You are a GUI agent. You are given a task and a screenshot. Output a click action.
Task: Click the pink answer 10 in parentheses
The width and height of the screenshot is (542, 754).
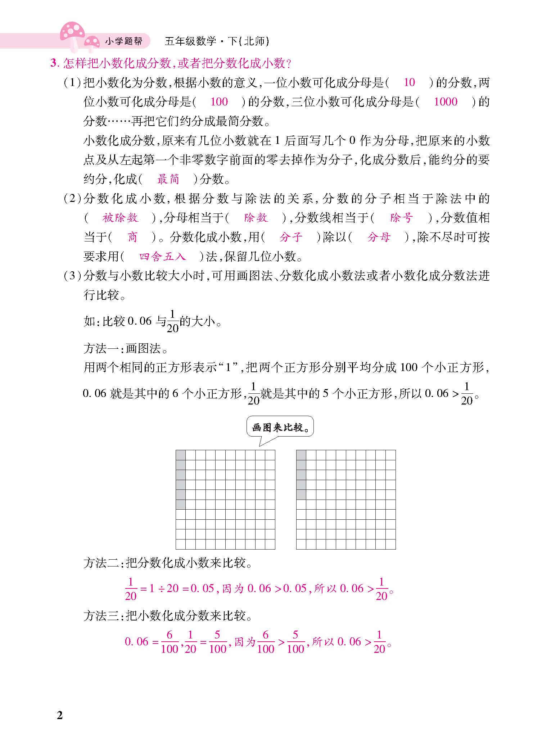[x=409, y=82]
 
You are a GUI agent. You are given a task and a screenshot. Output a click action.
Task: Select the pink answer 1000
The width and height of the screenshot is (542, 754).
[x=445, y=102]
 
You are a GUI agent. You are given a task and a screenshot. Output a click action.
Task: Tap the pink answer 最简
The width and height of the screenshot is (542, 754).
[x=168, y=179]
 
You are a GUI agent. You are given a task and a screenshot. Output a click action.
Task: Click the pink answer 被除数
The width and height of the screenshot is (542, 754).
[x=120, y=218]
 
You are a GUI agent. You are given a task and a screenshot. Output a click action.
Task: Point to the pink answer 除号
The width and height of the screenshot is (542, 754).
[x=401, y=218]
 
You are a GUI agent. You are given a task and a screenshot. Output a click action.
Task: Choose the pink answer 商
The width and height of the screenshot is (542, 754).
[x=132, y=237]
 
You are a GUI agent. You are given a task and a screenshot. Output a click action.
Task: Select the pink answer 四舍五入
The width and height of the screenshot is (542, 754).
[x=163, y=257]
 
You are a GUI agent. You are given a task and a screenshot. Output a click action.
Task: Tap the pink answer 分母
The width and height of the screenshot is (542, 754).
[x=379, y=237]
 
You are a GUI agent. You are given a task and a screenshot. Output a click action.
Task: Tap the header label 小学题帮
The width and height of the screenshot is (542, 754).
[x=123, y=41]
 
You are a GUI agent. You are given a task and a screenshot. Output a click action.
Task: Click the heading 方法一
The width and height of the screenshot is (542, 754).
[x=101, y=348]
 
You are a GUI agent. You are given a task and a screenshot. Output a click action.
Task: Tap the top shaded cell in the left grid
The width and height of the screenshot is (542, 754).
[x=181, y=455]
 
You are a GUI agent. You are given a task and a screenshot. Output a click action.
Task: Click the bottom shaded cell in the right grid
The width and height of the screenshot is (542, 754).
[x=301, y=495]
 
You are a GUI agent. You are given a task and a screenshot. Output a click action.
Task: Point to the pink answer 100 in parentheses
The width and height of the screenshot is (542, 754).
[x=219, y=102]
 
